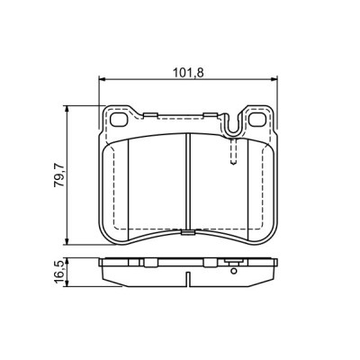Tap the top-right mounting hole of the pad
(x=255, y=120)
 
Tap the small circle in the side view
(x=232, y=266)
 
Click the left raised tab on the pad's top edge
(x=152, y=114)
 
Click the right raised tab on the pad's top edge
(x=212, y=114)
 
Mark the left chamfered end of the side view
(x=103, y=269)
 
